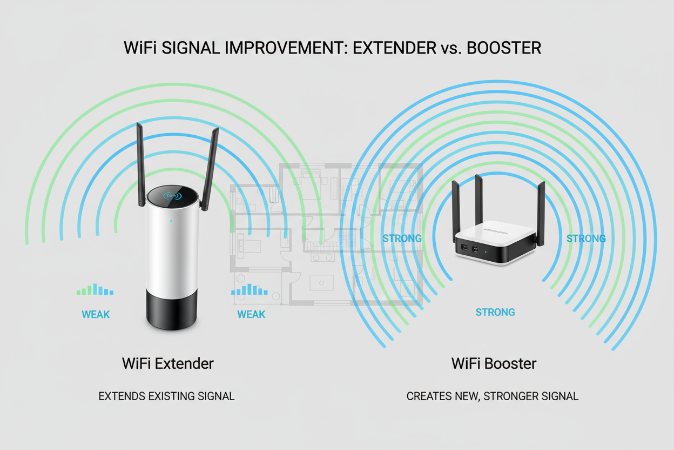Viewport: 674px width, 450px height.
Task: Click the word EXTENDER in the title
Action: coord(392,48)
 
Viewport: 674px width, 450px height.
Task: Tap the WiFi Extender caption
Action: coord(168,363)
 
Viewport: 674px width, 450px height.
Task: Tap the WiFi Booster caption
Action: coord(494,363)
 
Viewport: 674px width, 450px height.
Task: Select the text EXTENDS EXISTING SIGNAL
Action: coord(166,396)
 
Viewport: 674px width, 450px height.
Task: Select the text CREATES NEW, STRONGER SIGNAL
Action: coord(492,396)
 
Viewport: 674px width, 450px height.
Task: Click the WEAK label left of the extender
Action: coord(96,314)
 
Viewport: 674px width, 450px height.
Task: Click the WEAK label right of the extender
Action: coord(251,314)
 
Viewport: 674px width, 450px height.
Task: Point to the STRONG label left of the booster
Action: coord(402,238)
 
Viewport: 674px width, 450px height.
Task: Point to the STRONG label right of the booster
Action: coord(586,238)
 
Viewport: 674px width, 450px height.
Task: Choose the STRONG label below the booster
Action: coord(495,312)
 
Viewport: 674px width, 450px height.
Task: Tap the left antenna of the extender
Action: coord(140,162)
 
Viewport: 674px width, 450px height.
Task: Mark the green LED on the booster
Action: coord(486,251)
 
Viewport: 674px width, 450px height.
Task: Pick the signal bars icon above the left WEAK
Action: coord(95,290)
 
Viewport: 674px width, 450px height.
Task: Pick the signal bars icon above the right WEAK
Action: coord(250,290)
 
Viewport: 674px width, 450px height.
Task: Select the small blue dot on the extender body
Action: coord(171,221)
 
